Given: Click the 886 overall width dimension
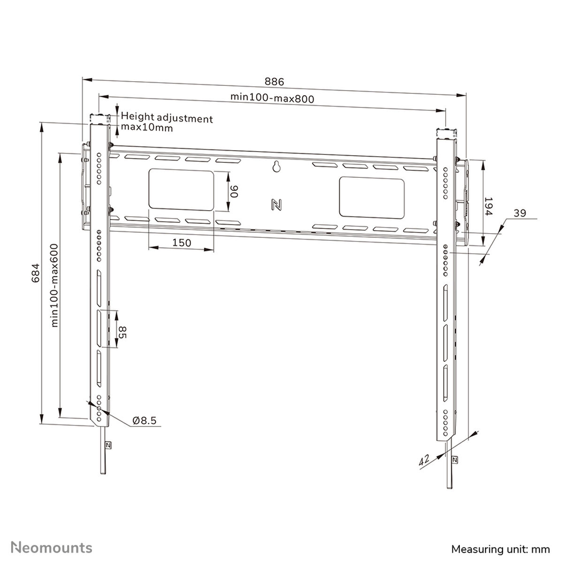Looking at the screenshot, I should (274, 82).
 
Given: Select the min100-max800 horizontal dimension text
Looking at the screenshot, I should (272, 98).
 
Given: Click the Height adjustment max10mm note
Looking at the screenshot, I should (167, 123).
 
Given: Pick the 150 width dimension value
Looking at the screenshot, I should (182, 243).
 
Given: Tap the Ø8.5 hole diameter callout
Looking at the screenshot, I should (145, 420).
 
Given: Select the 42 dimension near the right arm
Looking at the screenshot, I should (425, 461).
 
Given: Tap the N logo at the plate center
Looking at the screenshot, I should (276, 205).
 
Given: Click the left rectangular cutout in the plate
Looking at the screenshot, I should (181, 190).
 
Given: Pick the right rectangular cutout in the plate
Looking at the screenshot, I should (372, 197).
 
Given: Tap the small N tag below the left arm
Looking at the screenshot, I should (108, 445).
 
